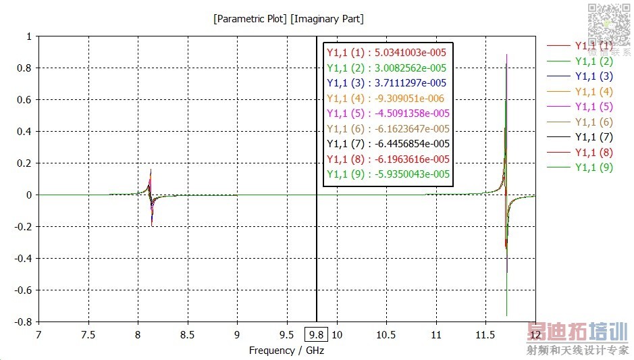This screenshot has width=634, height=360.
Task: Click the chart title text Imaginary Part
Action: tap(327, 19)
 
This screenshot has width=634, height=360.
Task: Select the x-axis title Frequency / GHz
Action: tap(286, 351)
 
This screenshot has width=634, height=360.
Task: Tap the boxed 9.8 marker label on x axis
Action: tap(316, 334)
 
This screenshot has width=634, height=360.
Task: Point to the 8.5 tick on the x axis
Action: tap(188, 334)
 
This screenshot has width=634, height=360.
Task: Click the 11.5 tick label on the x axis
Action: tap(485, 334)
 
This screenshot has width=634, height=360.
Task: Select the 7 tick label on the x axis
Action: tap(38, 334)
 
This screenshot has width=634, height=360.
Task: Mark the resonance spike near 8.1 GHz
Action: tap(151, 196)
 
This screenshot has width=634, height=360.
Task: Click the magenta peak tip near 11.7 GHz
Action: tap(506, 55)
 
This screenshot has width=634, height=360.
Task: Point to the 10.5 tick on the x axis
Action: tap(386, 334)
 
